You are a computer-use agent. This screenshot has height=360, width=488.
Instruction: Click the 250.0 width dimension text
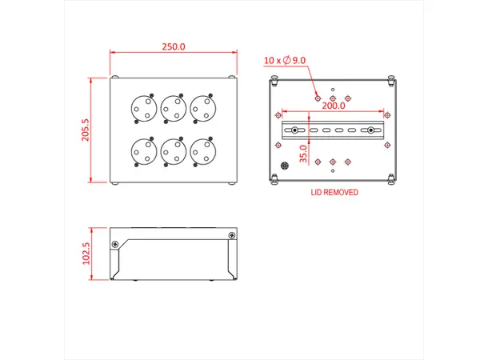174,46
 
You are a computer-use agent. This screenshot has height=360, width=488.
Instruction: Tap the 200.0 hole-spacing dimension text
333,105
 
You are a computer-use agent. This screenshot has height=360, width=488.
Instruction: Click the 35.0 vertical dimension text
303,152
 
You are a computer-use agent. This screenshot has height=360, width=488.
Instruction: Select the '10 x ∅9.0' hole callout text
285,59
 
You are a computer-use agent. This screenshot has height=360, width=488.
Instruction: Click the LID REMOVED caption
334,193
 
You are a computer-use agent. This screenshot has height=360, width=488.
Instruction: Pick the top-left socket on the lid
142,107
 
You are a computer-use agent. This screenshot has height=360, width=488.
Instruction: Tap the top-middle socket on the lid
172,107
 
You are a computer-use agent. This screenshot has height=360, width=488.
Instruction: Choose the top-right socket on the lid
202,107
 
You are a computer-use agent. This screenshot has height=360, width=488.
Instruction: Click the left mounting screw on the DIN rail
295,130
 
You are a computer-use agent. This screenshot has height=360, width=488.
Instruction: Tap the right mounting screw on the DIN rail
371,130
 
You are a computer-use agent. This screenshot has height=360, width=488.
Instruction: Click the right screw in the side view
232,235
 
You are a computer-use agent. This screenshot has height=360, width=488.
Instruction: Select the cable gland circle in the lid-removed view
284,166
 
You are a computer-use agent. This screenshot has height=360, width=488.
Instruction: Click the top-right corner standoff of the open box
391,80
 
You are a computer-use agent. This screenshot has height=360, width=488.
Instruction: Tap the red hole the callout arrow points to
318,96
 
